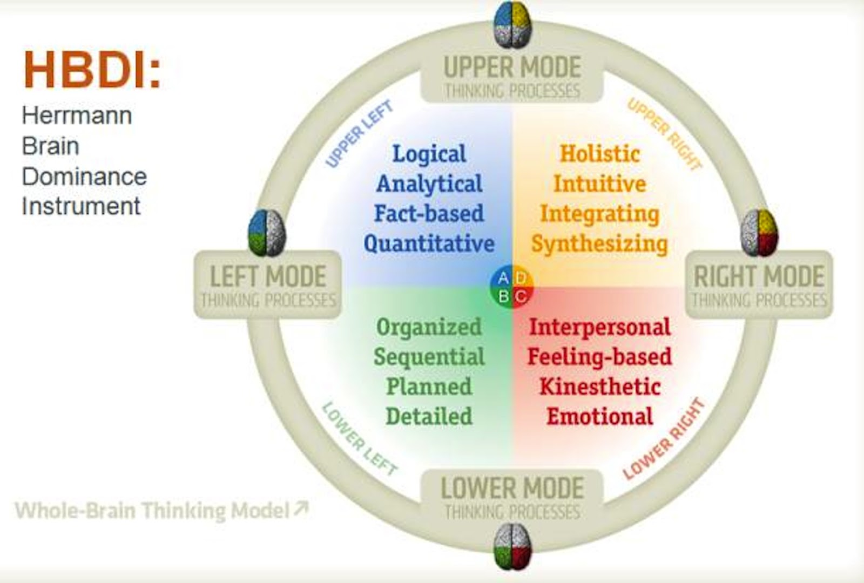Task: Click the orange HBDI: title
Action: tap(92, 70)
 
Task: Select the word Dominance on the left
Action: tap(84, 177)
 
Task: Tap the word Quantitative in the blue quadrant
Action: tap(429, 243)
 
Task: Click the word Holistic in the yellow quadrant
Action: tap(599, 154)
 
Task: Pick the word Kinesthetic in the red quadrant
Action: tap(600, 387)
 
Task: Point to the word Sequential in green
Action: tap(429, 357)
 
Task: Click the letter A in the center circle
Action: tap(503, 278)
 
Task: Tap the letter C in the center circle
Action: tap(521, 296)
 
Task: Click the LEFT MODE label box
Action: tap(268, 284)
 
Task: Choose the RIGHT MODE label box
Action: tap(759, 284)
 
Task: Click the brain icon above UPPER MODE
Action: tap(512, 24)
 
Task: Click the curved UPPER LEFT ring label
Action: tap(359, 134)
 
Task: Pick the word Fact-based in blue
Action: tap(429, 213)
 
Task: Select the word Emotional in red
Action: tap(599, 416)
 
